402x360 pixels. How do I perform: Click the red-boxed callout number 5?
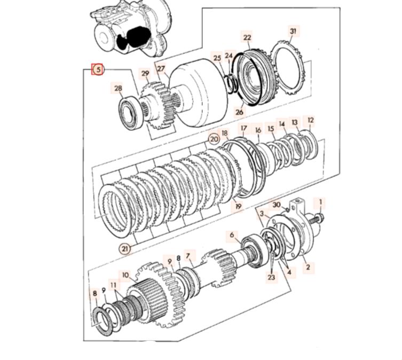[x=98, y=68]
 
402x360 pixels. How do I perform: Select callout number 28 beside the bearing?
[x=117, y=88]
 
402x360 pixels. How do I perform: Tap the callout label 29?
[x=145, y=73]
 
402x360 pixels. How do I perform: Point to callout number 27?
[x=161, y=69]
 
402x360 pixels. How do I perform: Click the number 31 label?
[x=293, y=32]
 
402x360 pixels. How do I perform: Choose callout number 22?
[x=247, y=37]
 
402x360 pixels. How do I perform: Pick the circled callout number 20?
[x=214, y=138]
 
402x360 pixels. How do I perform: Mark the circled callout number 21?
[x=124, y=248]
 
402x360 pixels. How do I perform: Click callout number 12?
[x=311, y=121]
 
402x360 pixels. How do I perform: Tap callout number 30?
[x=276, y=205]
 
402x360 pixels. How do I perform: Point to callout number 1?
[x=321, y=202]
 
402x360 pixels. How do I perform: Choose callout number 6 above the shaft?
[x=232, y=234]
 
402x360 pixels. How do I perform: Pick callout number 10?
[x=125, y=276]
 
